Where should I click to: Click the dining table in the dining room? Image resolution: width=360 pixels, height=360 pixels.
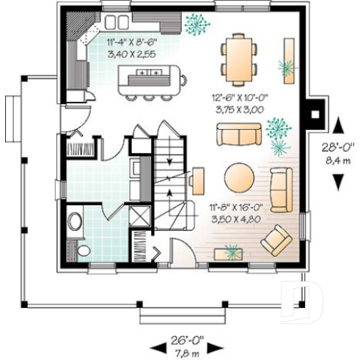coord(239,57)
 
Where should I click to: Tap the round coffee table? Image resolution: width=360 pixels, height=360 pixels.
coord(239,177)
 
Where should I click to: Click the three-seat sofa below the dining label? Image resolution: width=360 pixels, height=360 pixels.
coord(239,136)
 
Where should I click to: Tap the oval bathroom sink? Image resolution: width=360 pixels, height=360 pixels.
coord(74,222)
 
